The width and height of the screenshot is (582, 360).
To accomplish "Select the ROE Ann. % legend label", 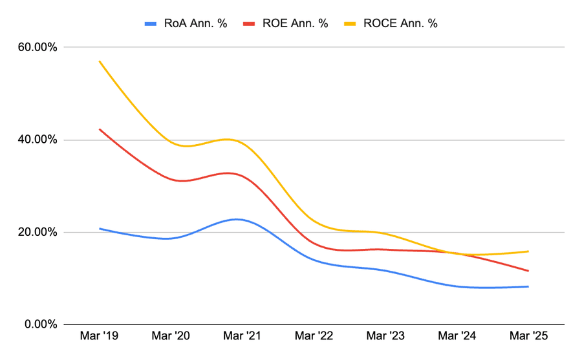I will click(295, 24).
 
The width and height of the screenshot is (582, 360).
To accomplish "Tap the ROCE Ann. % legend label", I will click(402, 24).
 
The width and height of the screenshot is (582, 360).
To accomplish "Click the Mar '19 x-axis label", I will click(99, 337).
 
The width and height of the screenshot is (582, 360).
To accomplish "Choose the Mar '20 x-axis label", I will click(171, 337).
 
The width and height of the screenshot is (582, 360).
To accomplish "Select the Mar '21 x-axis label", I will click(242, 337).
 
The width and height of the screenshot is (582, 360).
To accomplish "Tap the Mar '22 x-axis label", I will click(314, 337).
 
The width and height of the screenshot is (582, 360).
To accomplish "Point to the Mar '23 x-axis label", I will click(385, 337).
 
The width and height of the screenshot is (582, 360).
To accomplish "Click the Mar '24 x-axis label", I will click(457, 337).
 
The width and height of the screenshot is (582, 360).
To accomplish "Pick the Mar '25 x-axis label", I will click(528, 337).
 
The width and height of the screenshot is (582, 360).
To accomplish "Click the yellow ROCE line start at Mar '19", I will click(100, 61).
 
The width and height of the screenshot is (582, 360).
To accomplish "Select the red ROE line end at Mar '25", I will click(528, 271).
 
